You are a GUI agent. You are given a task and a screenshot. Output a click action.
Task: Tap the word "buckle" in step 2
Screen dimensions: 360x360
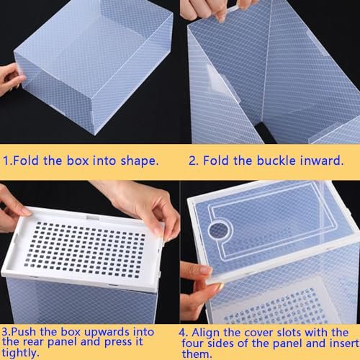(x=276, y=161)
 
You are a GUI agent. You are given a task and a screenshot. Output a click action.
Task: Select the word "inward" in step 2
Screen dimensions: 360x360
(x=320, y=161)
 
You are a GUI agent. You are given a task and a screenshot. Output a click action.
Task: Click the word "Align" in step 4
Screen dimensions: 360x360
(x=205, y=333)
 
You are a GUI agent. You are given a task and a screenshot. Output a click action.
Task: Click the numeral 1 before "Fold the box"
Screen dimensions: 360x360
(x=6, y=161)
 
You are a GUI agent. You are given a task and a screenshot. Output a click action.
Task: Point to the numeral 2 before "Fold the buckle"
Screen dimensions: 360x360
(x=192, y=161)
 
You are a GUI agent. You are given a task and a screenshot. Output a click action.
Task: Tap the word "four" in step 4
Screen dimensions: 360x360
(x=192, y=343)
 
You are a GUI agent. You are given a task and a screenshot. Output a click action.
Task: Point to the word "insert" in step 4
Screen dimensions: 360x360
(x=345, y=343)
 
